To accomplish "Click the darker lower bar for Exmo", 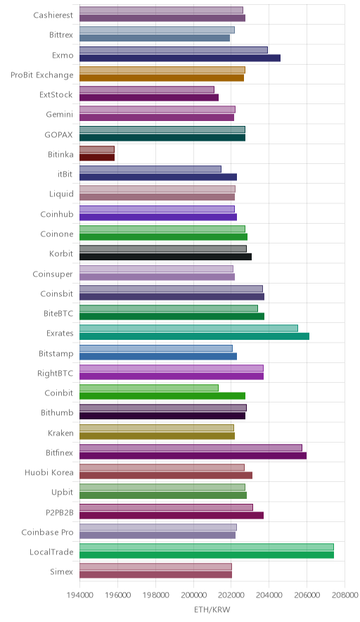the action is tap(180, 58).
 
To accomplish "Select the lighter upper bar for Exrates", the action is tap(188, 328).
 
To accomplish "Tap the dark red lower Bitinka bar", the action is tap(97, 158).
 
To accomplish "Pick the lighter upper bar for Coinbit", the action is tap(149, 388).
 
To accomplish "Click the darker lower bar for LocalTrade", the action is tap(207, 555).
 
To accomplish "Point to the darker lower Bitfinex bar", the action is tap(193, 455).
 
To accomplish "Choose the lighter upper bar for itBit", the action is tap(150, 169).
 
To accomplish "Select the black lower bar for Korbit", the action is tap(166, 257).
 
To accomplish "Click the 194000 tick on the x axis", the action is tap(79, 595).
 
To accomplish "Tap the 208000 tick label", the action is tap(344, 595).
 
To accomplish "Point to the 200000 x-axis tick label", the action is tap(193, 595).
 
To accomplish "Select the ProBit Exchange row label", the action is tap(42, 75).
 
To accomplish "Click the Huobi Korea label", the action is tap(49, 472).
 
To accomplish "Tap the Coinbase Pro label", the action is tap(48, 532).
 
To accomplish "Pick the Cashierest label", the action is tap(53, 15).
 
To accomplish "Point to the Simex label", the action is tap(61, 571).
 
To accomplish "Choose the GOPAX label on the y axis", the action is tap(58, 134).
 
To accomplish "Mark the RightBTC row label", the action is tap(55, 374).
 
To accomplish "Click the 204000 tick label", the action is tap(269, 595).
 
